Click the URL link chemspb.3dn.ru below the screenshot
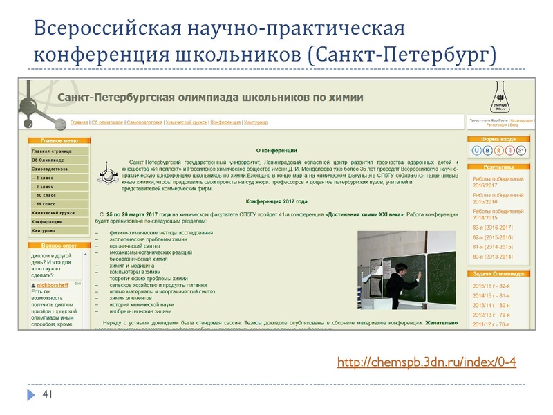coord(427,363)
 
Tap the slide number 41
coord(48,395)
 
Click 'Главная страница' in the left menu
coord(51,150)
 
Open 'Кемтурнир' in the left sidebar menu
coord(47,230)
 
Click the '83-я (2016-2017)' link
coord(492,228)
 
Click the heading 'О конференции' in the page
coord(276,150)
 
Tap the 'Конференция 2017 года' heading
coord(276,201)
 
